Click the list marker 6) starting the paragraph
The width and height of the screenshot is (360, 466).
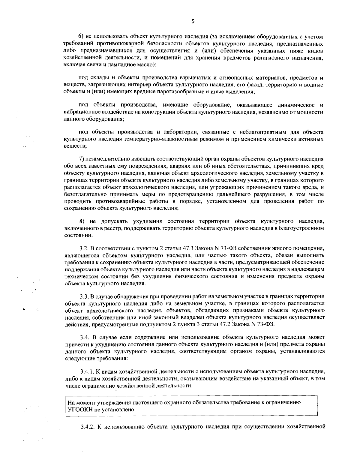coord(81,37)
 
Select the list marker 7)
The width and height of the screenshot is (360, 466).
coord(81,159)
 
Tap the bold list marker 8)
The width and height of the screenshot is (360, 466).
coord(82,221)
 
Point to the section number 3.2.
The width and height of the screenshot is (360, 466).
coord(83,249)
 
